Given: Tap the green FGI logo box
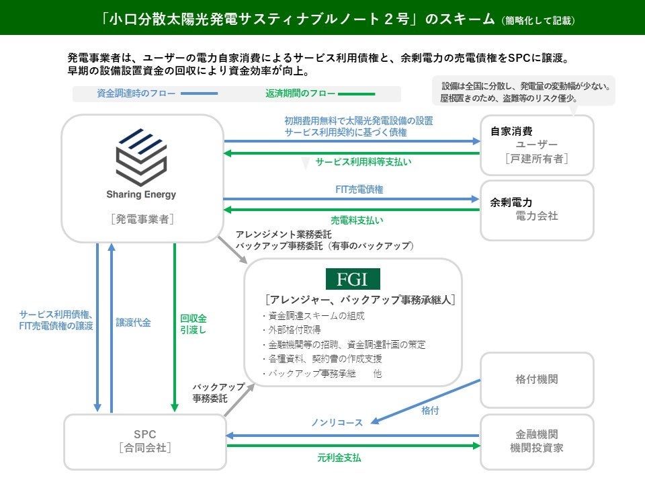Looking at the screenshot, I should [x=353, y=279].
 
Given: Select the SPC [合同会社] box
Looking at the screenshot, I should [x=144, y=441].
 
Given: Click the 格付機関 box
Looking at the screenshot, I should [x=537, y=379].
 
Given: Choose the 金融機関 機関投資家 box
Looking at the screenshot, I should [x=537, y=441].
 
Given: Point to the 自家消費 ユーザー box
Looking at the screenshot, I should [x=537, y=145].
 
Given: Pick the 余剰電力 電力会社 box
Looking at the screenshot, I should [x=537, y=209].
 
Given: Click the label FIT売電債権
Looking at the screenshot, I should [x=359, y=190].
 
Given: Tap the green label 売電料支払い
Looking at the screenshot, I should [x=357, y=220].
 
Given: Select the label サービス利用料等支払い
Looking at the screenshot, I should [x=363, y=162].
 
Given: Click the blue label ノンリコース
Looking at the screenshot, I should [x=337, y=423].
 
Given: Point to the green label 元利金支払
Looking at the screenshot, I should [x=339, y=458].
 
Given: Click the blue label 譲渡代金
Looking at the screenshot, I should [x=133, y=323].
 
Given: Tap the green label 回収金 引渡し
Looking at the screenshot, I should [x=193, y=324].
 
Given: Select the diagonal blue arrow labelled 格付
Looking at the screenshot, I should [x=427, y=401].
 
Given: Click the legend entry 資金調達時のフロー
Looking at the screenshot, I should [x=128, y=94].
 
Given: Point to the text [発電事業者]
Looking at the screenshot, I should [x=140, y=219].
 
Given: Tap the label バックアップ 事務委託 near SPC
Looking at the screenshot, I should [x=210, y=393].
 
